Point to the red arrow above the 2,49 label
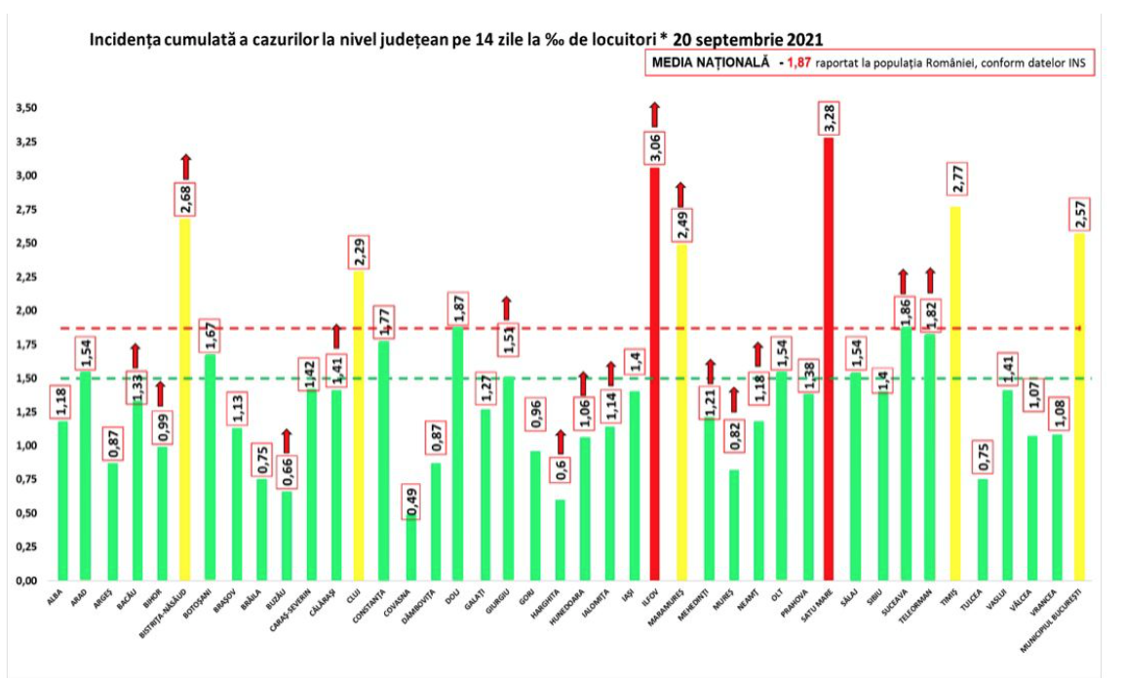click(680, 193)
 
